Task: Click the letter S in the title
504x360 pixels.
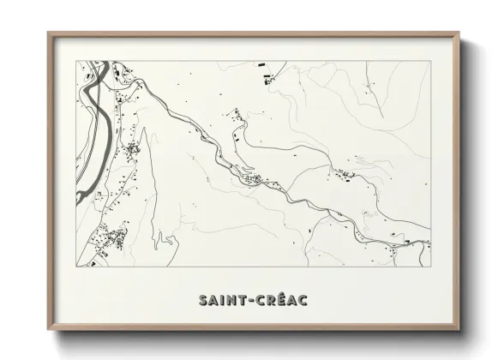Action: (x=202, y=300)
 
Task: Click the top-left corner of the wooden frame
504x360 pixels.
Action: (x=49, y=33)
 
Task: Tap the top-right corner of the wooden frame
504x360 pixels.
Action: (x=460, y=33)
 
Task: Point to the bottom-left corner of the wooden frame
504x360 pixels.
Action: (x=49, y=330)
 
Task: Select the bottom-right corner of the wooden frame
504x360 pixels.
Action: (x=460, y=330)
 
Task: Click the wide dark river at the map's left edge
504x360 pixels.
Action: (x=85, y=154)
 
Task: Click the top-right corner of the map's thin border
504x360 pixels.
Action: (x=429, y=60)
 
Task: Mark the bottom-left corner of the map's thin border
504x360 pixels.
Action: (x=76, y=267)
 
